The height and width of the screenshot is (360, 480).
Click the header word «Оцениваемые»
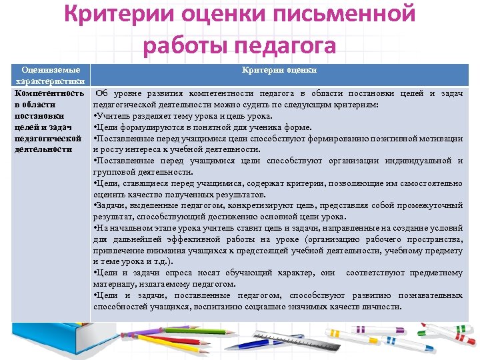51,70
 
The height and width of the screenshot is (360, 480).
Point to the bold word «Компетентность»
49,93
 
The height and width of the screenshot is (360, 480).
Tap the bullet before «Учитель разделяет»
96,116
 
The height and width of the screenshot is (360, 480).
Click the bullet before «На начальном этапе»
96,228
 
